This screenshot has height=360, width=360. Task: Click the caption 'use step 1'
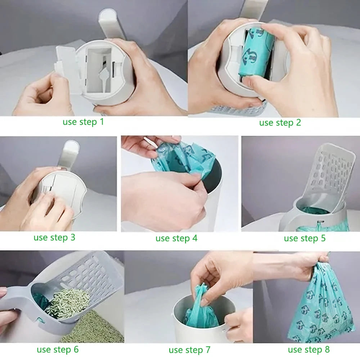point(83,122)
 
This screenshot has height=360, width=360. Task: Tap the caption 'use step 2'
point(280,123)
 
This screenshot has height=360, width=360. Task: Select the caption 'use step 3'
point(54,238)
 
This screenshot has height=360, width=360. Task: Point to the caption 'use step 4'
point(176,238)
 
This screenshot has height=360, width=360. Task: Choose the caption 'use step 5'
point(305,238)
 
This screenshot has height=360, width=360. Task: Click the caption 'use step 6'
point(58,350)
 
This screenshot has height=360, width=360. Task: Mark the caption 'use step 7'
point(189,350)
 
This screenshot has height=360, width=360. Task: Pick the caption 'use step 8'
point(309,350)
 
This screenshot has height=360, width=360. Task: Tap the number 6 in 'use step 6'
point(76,350)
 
